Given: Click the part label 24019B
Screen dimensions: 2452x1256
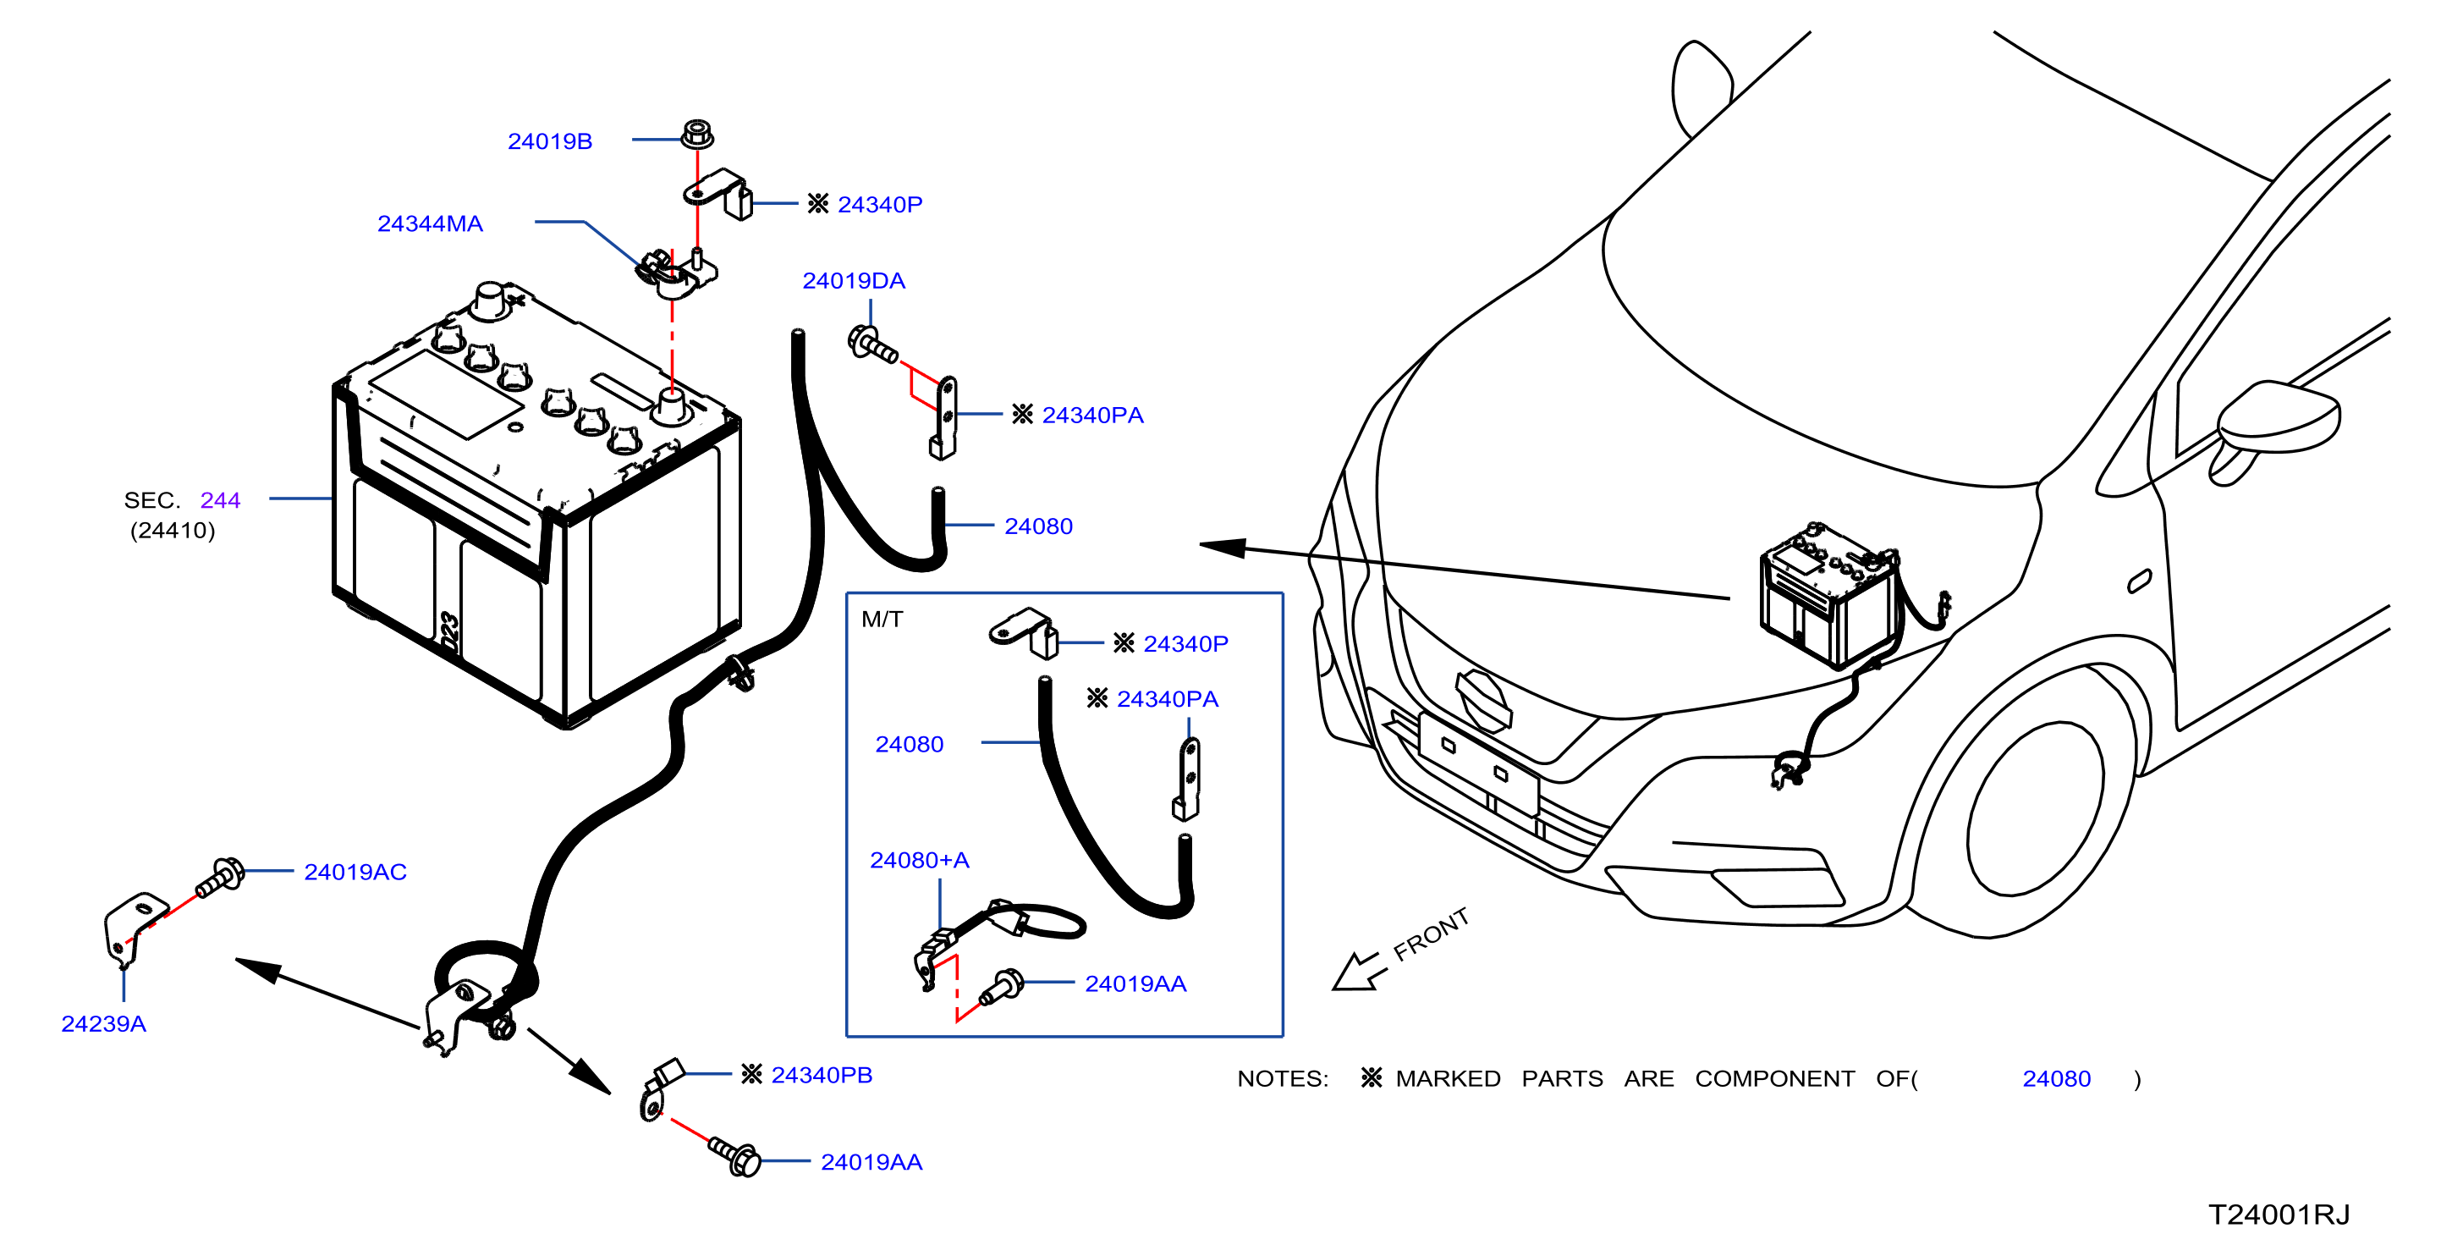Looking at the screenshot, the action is [549, 141].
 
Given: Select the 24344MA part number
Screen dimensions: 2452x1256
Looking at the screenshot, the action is [429, 223].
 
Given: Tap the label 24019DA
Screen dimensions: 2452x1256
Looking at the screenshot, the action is [853, 281].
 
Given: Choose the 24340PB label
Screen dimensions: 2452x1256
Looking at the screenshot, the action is [822, 1074].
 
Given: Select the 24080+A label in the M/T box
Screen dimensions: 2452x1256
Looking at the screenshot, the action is [920, 860].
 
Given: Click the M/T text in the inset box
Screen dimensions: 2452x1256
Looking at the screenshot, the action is [882, 619].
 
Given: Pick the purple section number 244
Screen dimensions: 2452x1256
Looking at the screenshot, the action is [220, 500].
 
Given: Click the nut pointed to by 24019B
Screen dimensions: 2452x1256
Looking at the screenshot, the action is [698, 134].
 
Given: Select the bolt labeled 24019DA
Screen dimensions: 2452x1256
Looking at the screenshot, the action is [871, 344].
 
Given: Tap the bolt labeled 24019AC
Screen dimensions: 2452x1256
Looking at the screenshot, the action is [220, 877].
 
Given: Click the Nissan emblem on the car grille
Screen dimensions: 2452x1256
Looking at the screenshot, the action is [1483, 700].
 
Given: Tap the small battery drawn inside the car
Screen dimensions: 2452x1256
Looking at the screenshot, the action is [1828, 596].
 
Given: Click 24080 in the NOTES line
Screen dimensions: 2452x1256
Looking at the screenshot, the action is [2056, 1078].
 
